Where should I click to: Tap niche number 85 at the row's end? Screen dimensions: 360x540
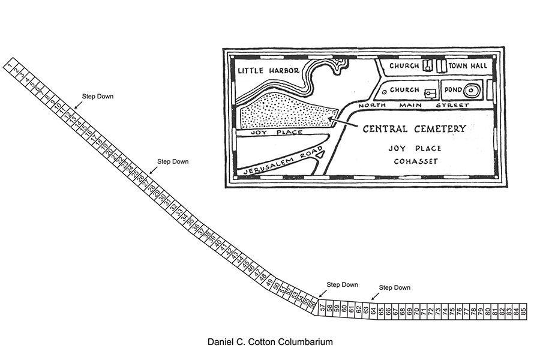pyautogui.click(x=523, y=311)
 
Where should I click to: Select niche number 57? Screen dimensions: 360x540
pyautogui.click(x=322, y=308)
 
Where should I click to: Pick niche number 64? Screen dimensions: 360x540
pyautogui.click(x=373, y=311)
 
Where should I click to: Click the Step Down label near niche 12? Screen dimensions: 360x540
pyautogui.click(x=97, y=96)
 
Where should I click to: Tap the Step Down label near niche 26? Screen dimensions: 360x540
pyautogui.click(x=173, y=161)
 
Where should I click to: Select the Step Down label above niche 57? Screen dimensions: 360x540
pyautogui.click(x=342, y=284)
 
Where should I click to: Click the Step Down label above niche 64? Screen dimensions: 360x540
pyautogui.click(x=395, y=287)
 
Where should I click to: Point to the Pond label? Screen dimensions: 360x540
pyautogui.click(x=452, y=90)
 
